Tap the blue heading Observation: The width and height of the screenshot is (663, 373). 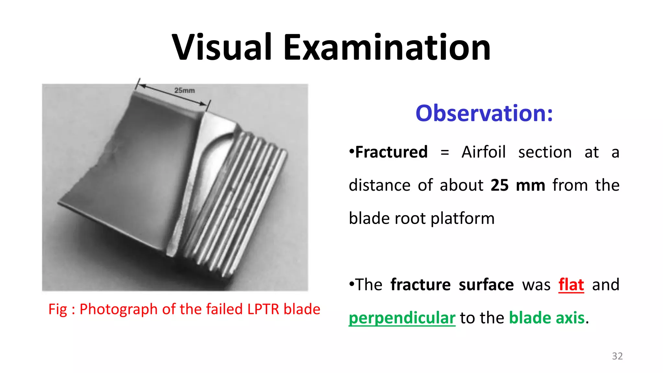tap(484, 113)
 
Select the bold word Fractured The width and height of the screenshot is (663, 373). tap(391, 152)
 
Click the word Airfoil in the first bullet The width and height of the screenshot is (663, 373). tap(483, 152)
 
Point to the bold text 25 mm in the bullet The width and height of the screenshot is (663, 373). tap(518, 186)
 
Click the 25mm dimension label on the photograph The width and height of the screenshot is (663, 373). tap(185, 91)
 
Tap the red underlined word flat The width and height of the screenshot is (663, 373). tap(571, 285)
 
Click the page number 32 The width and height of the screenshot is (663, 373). tap(617, 356)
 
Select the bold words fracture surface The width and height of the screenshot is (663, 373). tap(452, 285)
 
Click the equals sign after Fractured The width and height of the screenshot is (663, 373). tap(445, 152)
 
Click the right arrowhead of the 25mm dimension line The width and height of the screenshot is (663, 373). tap(203, 104)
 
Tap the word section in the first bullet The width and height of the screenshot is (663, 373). tap(545, 152)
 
